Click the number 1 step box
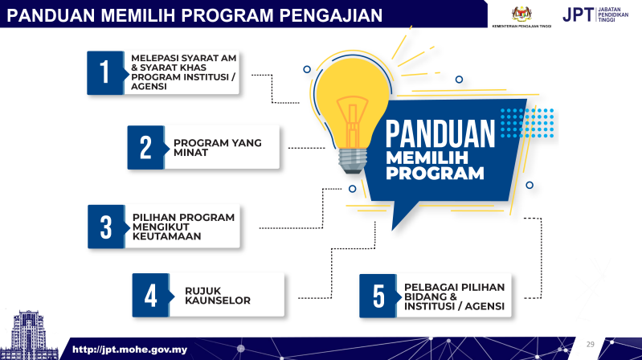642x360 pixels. tap(104, 73)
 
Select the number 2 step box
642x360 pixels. tap(145, 147)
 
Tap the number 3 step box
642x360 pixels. tap(105, 227)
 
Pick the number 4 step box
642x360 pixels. tap(150, 295)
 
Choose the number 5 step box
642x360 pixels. tap(378, 296)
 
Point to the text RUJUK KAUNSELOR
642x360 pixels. tap(219, 296)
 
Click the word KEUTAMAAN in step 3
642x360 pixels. tap(167, 237)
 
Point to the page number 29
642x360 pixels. tap(591, 344)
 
